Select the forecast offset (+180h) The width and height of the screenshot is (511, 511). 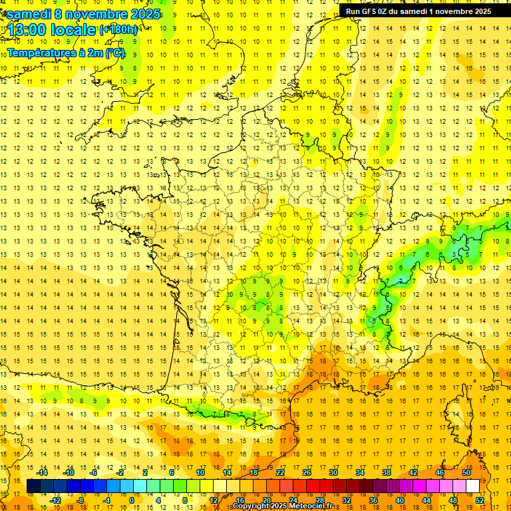click(118, 30)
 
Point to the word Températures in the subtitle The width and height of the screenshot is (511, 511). click(41, 53)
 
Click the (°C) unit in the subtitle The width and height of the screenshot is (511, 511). click(114, 53)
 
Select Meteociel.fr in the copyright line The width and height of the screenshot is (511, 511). click(313, 506)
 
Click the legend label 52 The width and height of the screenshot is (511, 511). click(478, 500)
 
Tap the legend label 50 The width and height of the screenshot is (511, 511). click(466, 472)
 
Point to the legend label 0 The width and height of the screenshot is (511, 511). click(132, 500)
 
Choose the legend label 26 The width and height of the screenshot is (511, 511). click(307, 472)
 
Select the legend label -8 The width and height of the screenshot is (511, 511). click(81, 500)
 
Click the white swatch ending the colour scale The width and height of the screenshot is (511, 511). click(473, 486)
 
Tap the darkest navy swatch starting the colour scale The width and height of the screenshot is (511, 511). click(33, 486)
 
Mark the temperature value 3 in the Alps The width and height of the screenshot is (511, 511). click(455, 254)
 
